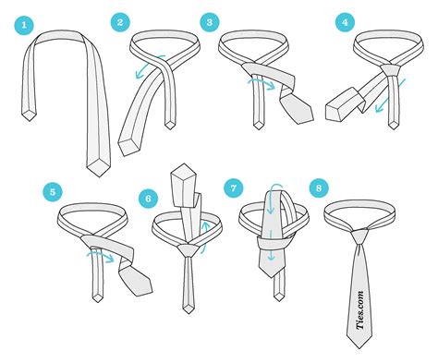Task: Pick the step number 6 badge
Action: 146,197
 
